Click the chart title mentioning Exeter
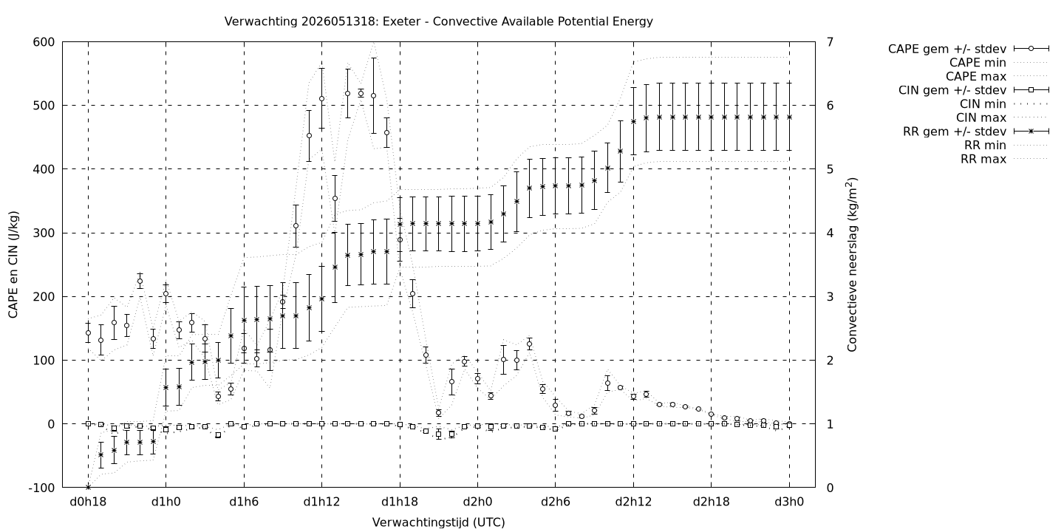(x=438, y=21)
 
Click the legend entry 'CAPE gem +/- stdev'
(x=969, y=49)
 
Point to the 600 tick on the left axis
(x=44, y=42)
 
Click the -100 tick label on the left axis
(x=41, y=488)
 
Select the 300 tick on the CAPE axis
(x=44, y=233)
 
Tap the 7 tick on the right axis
(x=830, y=42)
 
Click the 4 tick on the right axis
(x=830, y=233)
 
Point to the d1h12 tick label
(x=321, y=502)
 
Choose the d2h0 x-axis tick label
(x=477, y=502)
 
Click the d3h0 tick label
(x=789, y=502)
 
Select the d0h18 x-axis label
(x=88, y=502)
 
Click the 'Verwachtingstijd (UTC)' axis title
(x=438, y=522)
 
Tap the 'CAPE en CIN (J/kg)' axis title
(x=13, y=265)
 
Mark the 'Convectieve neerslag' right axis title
(x=852, y=265)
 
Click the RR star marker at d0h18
(x=88, y=487)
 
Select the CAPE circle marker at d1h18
(x=400, y=240)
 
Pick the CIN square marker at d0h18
(x=88, y=423)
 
